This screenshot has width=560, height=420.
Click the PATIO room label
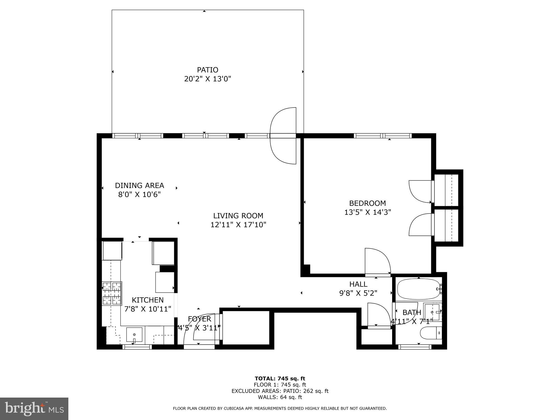pyautogui.click(x=208, y=70)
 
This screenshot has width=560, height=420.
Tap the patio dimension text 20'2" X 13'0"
pyautogui.click(x=208, y=79)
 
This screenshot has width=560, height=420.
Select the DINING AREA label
pyautogui.click(x=139, y=185)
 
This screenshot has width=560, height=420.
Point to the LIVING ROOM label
pyautogui.click(x=238, y=216)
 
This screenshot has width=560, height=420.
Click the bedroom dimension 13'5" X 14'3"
pyautogui.click(x=367, y=212)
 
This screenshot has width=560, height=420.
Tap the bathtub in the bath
pyautogui.click(x=418, y=289)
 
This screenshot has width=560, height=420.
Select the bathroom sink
pyautogui.click(x=432, y=312)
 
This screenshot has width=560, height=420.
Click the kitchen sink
pyautogui.click(x=134, y=334)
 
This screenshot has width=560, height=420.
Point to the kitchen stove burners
pyautogui.click(x=112, y=293)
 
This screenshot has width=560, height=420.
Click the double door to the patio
pyautogui.click(x=283, y=136)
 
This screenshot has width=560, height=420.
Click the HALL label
pyautogui.click(x=358, y=284)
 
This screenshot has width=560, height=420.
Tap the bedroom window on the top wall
pyautogui.click(x=383, y=136)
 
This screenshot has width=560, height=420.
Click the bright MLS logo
pyautogui.click(x=34, y=409)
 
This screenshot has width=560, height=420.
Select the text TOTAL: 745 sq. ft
pyautogui.click(x=280, y=379)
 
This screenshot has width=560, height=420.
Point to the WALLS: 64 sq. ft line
pyautogui.click(x=280, y=397)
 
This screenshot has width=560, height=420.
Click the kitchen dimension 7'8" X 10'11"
pyautogui.click(x=148, y=309)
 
